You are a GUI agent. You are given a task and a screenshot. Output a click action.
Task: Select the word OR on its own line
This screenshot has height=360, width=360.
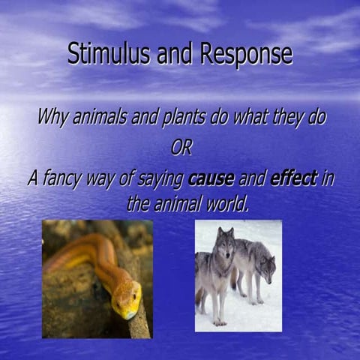181,148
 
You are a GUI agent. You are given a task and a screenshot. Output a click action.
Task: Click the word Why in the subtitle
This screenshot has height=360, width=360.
52,118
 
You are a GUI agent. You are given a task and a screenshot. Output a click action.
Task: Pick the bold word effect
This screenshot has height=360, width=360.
294,178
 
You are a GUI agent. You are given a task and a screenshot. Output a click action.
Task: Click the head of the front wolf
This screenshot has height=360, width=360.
225,244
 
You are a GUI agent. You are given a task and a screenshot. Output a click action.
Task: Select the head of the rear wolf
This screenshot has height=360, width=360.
266,264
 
